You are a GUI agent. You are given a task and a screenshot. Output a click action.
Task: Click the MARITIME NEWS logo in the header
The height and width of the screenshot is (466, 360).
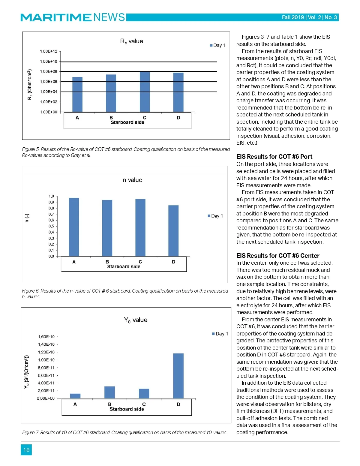73,17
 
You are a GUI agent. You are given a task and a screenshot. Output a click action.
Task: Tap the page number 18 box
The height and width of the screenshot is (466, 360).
26,450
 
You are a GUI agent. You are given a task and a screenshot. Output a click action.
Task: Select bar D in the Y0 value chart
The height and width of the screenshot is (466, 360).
178,376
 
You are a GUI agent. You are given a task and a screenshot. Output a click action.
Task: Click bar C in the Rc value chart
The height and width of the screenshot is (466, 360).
145,92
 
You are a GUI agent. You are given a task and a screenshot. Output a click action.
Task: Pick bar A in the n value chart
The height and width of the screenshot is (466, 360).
74,227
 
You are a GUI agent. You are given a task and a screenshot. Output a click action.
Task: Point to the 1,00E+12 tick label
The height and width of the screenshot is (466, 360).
49,51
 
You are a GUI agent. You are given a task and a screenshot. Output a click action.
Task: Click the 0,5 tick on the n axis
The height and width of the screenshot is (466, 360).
51,226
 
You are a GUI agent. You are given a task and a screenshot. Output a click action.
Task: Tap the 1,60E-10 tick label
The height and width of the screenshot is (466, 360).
46,337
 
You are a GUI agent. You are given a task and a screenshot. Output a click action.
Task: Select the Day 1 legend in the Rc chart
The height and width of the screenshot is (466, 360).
218,45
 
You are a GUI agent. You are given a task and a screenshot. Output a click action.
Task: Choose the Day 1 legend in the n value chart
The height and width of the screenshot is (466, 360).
215,216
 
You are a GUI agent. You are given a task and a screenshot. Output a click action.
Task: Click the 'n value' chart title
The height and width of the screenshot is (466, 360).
132,180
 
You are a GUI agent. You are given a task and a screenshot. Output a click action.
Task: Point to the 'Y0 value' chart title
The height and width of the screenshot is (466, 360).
136,320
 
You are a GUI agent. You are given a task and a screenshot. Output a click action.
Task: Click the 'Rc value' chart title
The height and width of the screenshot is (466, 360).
132,41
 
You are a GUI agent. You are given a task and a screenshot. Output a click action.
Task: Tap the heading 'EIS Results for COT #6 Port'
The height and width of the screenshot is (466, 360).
274,157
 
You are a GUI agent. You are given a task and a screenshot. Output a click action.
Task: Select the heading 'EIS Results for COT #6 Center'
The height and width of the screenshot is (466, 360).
278,256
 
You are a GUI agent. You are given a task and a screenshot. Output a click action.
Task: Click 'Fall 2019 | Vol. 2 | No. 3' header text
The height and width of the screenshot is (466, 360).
309,17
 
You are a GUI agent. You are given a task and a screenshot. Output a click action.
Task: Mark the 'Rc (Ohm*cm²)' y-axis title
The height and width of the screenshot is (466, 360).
30,85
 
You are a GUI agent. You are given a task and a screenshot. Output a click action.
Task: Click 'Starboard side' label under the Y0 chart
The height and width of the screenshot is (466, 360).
127,409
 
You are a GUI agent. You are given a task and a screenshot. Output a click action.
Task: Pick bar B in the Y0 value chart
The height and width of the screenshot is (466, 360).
109,392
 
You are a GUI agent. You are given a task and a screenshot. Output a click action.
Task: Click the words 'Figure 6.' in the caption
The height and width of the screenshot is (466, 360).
31,291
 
